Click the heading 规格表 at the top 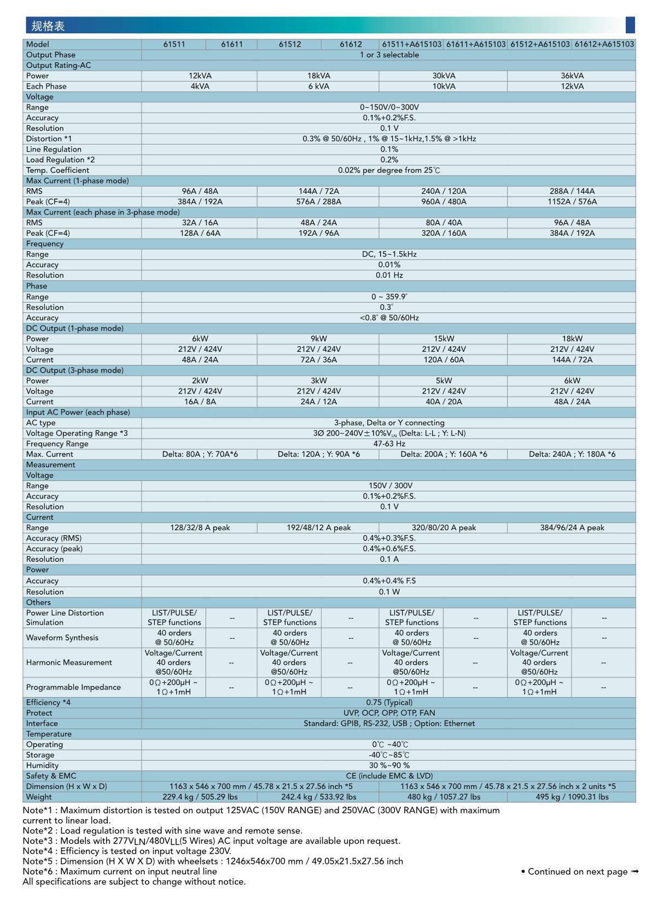48,26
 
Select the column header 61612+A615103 604,44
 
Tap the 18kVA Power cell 318,76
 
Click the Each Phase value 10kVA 444,86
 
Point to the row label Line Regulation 54,149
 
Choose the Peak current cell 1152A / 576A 572,202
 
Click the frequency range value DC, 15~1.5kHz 389,254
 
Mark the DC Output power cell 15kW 444,339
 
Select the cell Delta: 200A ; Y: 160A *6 444,454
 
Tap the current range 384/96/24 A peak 572,528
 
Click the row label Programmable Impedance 73,687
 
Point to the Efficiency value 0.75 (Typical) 389,703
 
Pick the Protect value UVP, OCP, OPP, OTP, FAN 389,713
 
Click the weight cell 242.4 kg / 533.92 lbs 318,797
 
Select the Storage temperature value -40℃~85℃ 389,755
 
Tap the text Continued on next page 578,872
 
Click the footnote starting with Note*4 127,851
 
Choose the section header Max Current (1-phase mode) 78,181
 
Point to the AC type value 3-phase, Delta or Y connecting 389,423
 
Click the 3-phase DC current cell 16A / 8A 200,402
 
